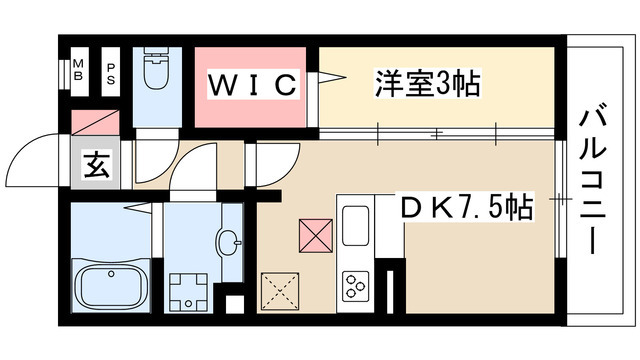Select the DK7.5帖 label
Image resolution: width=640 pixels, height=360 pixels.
click(464, 208)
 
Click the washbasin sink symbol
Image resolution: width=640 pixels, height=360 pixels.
click(229, 241)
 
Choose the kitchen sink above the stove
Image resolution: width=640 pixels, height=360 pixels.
click(357, 225)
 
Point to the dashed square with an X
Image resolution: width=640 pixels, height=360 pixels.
click(283, 292)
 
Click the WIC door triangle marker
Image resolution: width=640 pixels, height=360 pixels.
click(329, 78)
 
